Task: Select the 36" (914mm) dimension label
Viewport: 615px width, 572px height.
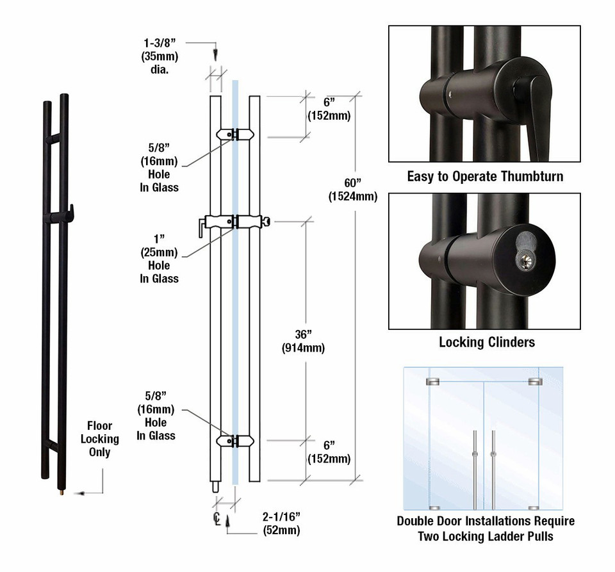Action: pyautogui.click(x=303, y=341)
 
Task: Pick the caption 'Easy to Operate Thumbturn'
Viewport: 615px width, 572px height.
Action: pyautogui.click(x=485, y=176)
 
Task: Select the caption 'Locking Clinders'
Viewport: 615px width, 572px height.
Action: pyautogui.click(x=486, y=342)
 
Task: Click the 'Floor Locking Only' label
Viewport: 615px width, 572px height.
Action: pyautogui.click(x=99, y=439)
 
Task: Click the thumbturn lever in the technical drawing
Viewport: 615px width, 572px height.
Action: pyautogui.click(x=202, y=226)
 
